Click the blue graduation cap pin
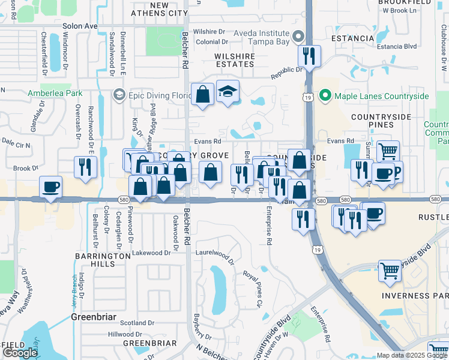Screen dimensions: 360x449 tap(228, 92)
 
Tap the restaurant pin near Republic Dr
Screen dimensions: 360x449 tap(310, 57)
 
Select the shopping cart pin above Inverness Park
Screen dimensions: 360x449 tap(390, 271)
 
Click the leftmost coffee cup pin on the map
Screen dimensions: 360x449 tap(51, 187)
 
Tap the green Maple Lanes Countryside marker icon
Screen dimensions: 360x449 tap(325, 96)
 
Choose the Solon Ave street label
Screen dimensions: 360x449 tap(80, 26)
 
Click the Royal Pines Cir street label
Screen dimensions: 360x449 tap(253, 287)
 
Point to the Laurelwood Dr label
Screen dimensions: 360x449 tap(215, 256)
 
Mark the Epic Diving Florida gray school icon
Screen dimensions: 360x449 tap(118, 95)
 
